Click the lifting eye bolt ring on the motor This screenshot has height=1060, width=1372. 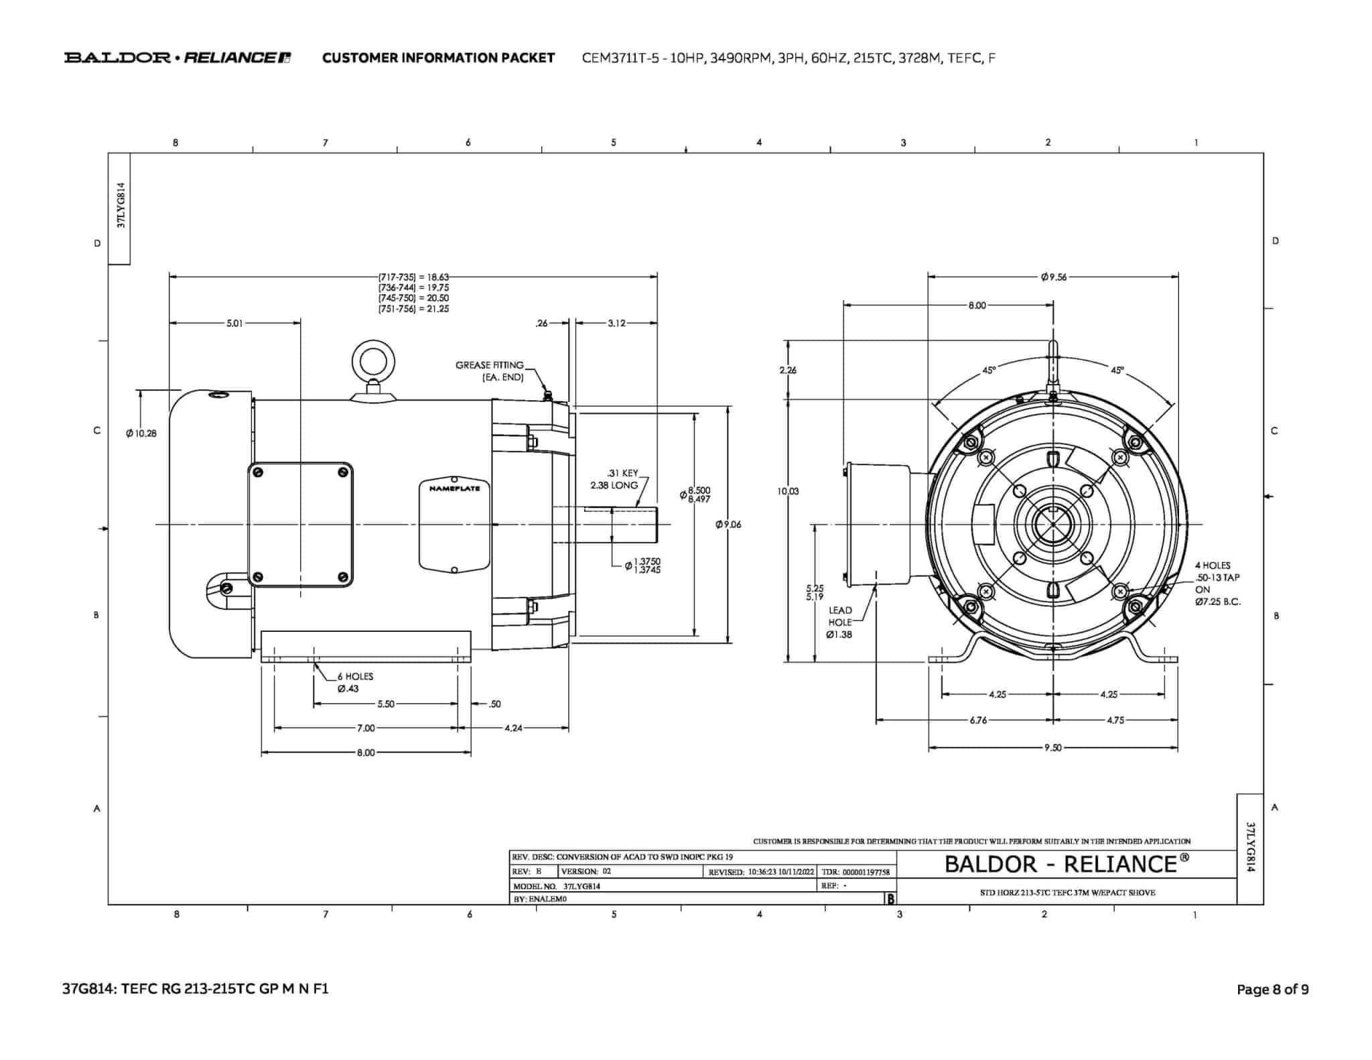[x=373, y=362]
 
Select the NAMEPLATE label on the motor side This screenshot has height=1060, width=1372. [x=454, y=488]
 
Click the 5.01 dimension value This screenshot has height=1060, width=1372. [x=234, y=323]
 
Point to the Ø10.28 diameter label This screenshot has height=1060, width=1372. [x=141, y=434]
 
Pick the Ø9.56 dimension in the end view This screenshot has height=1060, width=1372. [x=1053, y=277]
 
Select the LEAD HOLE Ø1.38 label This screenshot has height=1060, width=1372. [x=839, y=622]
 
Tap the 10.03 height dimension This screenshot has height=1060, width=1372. [x=788, y=491]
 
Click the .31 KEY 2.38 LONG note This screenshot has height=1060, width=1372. [x=614, y=479]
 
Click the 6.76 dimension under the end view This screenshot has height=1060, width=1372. [x=978, y=720]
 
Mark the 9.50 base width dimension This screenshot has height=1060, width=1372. [x=1052, y=748]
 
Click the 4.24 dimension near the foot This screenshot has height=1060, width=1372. [x=513, y=728]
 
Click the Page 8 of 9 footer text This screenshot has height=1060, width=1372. [x=1272, y=989]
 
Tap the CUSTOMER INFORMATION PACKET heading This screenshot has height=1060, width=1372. [x=438, y=58]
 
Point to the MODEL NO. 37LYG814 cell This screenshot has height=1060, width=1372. [x=557, y=886]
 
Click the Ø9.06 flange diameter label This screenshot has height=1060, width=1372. [x=728, y=524]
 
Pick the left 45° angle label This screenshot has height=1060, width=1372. [x=989, y=370]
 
